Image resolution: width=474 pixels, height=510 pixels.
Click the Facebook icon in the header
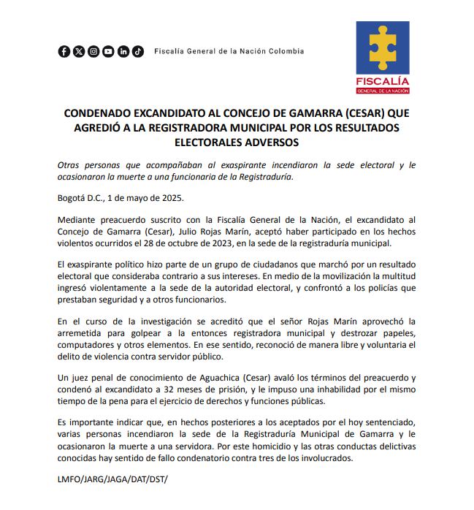(x=64, y=51)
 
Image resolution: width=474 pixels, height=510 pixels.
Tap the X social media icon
(x=79, y=51)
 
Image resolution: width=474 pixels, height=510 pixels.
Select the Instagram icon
(x=93, y=51)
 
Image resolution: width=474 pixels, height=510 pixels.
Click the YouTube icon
(x=108, y=51)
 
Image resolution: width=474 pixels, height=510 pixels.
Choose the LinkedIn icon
(x=123, y=51)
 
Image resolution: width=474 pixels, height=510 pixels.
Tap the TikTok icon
(x=137, y=51)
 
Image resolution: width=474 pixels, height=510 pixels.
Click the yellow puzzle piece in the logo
(x=382, y=46)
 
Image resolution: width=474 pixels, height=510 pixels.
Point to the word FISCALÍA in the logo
(x=382, y=80)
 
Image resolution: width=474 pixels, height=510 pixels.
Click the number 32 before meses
(x=188, y=389)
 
